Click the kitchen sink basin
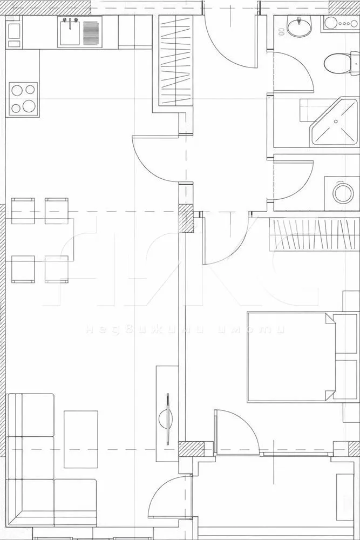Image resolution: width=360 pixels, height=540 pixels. [x=70, y=32]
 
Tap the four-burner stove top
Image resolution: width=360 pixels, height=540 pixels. [x=22, y=99]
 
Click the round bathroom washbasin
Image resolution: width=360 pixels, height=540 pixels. [x=298, y=26]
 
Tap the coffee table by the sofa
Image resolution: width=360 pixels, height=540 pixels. [x=81, y=438]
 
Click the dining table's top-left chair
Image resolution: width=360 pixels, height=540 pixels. [x=23, y=210]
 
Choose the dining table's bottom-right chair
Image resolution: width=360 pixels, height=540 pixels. [x=57, y=268]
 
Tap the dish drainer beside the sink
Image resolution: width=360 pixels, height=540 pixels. [x=92, y=32]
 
